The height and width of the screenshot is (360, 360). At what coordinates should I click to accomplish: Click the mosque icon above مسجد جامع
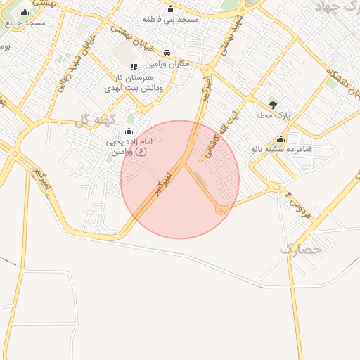click(x=25, y=13)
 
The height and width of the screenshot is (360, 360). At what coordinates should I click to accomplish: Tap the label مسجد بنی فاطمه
click(x=170, y=20)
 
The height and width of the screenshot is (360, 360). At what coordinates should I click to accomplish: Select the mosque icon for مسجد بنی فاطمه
click(x=170, y=9)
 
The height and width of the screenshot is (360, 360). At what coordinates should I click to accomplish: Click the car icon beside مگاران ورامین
click(x=167, y=53)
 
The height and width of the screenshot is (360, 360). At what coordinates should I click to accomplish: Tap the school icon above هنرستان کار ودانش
click(x=133, y=67)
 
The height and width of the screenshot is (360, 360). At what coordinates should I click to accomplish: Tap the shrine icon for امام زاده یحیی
click(x=128, y=131)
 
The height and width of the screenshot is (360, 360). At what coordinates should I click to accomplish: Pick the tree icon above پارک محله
click(x=273, y=103)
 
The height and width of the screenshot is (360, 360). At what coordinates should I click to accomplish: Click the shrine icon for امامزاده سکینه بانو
click(x=281, y=139)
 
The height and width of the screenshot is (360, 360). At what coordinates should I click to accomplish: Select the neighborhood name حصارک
click(x=300, y=248)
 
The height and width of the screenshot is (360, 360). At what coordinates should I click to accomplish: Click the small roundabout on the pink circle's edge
click(x=221, y=210)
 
